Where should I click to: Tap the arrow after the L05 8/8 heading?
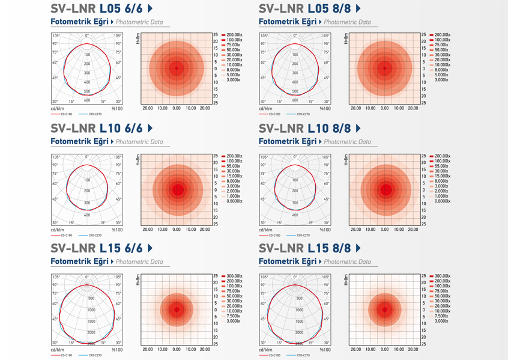358,8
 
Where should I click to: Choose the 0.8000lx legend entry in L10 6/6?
232,201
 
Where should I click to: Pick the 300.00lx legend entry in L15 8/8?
440,276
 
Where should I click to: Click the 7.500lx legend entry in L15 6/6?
232,316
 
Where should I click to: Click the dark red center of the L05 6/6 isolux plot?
177,69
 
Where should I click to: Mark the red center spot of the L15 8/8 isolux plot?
384,310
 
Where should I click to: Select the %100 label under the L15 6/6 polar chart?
117,349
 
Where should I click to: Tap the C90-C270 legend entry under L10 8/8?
304,235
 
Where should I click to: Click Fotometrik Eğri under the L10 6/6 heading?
79,142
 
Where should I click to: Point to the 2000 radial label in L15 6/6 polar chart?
91,332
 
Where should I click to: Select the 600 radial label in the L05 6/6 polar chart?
88,100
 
